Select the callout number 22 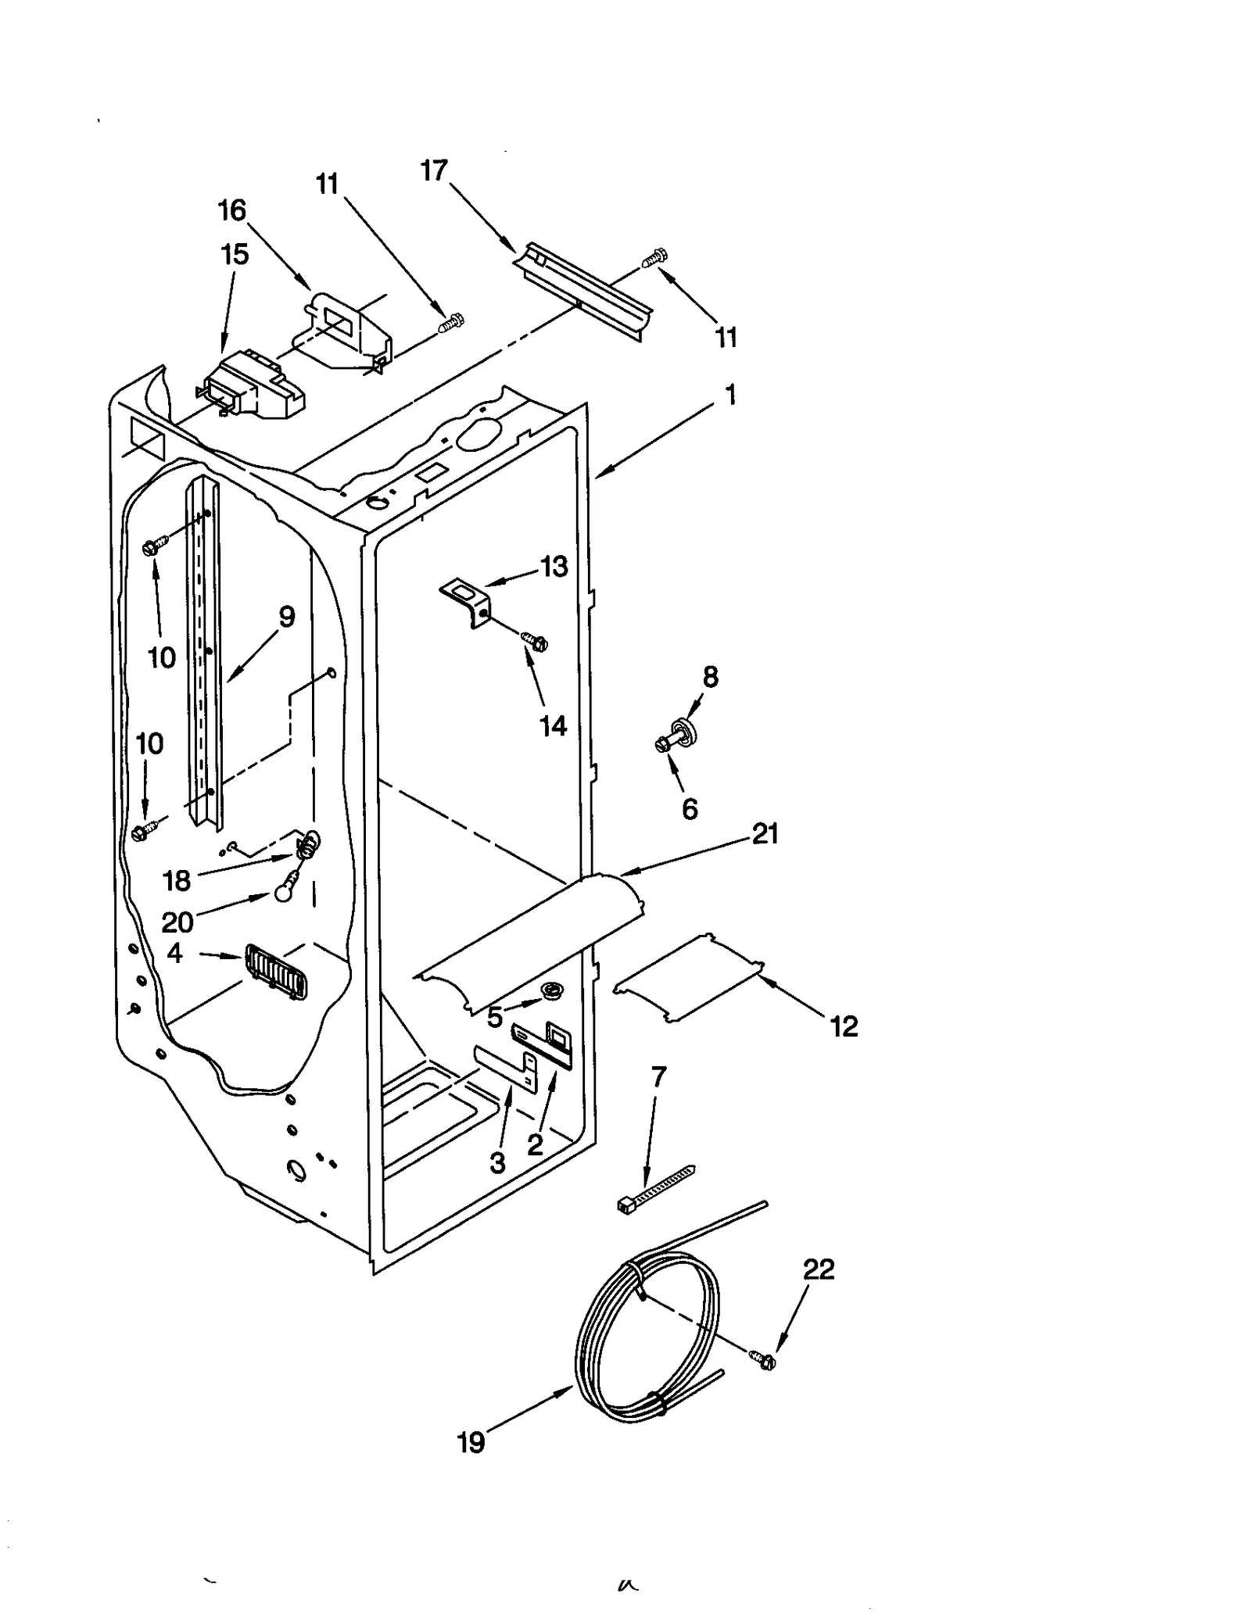pos(819,1269)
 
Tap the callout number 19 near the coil pos(471,1442)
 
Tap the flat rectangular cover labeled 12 pos(688,978)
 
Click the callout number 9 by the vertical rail pos(287,617)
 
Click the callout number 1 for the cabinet pos(730,396)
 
